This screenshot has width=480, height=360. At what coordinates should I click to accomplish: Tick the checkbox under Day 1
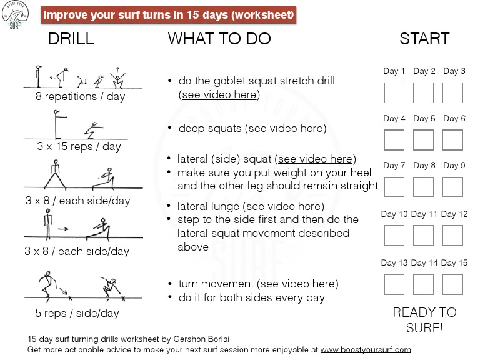click(394, 92)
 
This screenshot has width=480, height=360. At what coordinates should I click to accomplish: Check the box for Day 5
click(424, 140)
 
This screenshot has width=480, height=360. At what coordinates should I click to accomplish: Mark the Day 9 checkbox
click(453, 187)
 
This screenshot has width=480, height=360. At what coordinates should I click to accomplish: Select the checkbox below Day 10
click(394, 235)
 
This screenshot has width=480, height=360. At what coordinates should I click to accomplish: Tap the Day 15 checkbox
click(453, 284)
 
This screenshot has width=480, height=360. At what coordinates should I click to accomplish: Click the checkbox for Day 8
click(424, 187)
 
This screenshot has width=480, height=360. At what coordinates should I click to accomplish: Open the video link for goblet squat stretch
click(219, 95)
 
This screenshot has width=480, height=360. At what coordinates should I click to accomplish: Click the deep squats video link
click(286, 129)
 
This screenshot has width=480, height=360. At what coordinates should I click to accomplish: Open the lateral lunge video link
click(284, 206)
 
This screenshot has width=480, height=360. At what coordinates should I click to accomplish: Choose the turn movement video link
click(299, 284)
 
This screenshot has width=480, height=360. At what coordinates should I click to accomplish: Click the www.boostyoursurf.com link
click(366, 350)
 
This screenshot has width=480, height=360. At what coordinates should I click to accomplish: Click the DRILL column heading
click(71, 39)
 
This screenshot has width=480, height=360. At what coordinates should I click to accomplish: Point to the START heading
click(424, 39)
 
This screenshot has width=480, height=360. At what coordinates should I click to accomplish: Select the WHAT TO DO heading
click(219, 39)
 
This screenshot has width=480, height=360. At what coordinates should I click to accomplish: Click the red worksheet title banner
click(169, 14)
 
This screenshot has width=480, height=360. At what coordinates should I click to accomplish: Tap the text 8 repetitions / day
click(80, 97)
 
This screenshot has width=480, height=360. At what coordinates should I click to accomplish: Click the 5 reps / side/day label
click(77, 313)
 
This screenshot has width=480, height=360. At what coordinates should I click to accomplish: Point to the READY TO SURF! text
click(424, 319)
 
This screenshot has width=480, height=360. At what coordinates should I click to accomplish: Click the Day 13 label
click(394, 263)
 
